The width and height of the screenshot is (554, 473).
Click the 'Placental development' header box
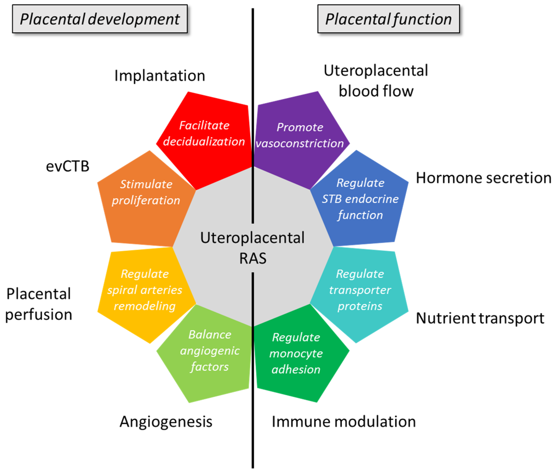coord(100,19)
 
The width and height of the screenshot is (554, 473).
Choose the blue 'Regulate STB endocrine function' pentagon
coord(360,199)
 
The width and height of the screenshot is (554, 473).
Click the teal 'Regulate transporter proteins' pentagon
coord(360,290)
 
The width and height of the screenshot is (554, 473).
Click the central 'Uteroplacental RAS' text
coord(252,248)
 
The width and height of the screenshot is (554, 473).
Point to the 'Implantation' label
coord(160,76)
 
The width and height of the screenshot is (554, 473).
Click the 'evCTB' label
coord(68,166)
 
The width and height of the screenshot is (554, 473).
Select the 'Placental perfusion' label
coord(39,304)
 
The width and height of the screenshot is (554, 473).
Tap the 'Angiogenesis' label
coord(166,422)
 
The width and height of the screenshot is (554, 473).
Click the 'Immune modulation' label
coord(344,422)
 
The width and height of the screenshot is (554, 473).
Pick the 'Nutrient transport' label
coord(480,318)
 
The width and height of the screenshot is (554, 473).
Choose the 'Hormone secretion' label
coord(483,178)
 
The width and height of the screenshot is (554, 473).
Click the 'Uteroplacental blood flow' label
coord(376,81)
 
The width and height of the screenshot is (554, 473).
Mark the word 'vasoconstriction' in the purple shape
coord(300,144)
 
